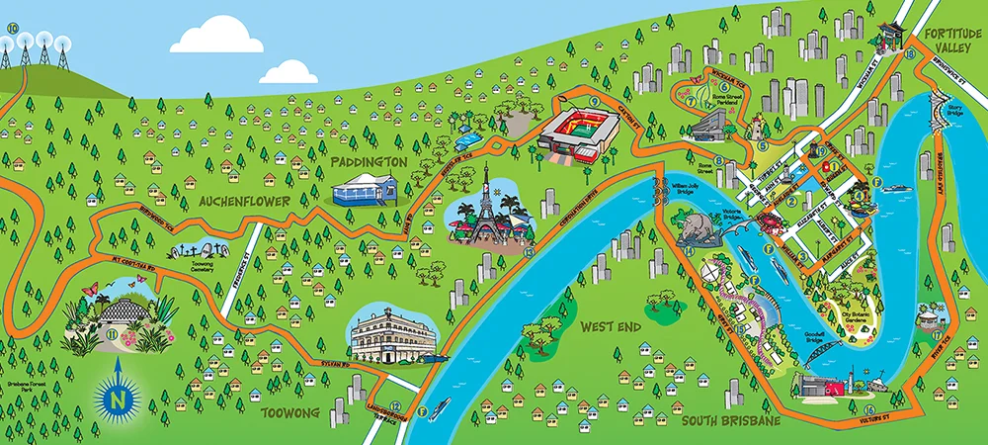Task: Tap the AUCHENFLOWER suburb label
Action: point(243,201)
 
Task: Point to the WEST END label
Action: point(612,327)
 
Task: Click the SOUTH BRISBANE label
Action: point(731,421)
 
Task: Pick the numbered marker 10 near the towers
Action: point(12,28)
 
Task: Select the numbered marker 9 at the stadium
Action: point(595,102)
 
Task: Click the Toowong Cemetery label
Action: point(204,267)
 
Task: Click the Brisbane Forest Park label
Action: point(64,381)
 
